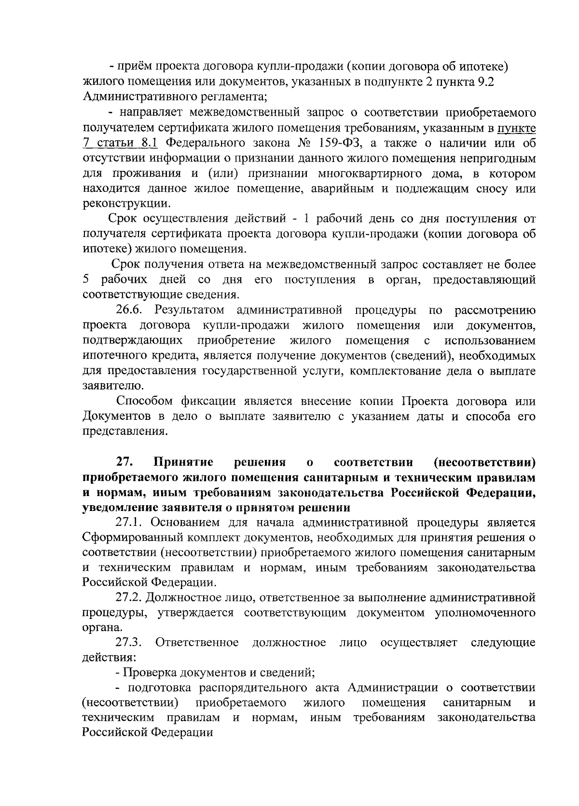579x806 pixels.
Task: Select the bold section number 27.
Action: pos(124,462)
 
